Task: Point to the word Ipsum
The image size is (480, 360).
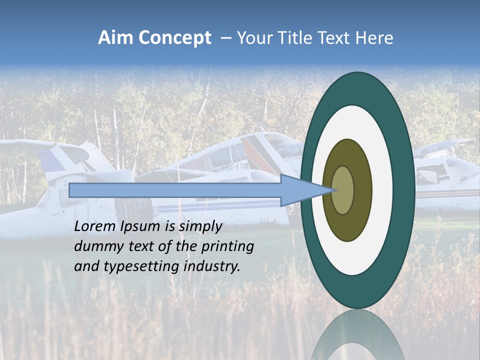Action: coord(140,226)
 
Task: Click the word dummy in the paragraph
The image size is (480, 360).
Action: coord(95,246)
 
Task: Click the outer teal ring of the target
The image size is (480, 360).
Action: coord(406,190)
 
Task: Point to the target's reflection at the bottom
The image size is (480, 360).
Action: coord(358,337)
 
